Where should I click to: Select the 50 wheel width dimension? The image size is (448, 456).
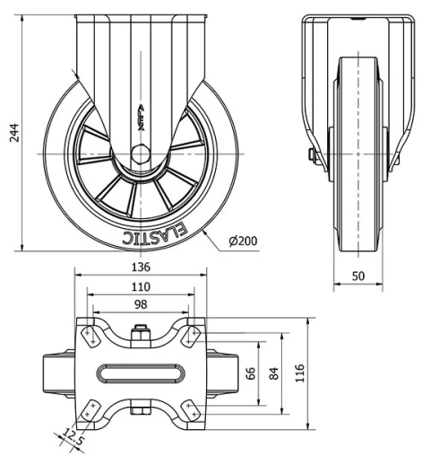(358, 276)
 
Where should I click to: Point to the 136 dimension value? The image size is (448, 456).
(140, 267)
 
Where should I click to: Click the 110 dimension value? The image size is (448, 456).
(140, 286)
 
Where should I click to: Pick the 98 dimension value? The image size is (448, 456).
(140, 305)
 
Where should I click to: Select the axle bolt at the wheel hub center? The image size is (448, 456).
(140, 152)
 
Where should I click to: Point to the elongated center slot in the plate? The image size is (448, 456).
(140, 372)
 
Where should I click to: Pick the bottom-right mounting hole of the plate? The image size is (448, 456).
(190, 408)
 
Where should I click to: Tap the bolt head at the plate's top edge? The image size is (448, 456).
(140, 337)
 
